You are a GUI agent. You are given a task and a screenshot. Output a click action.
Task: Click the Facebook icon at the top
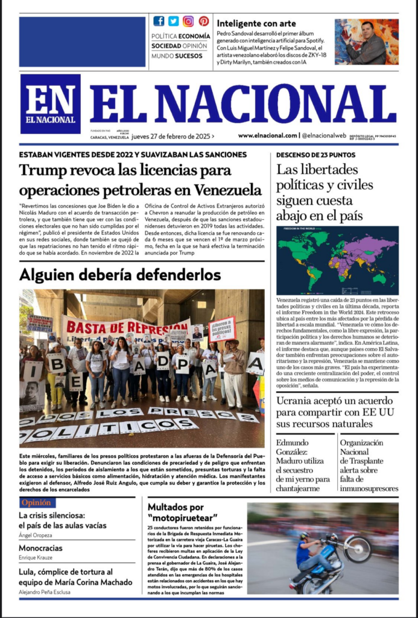click(159, 21)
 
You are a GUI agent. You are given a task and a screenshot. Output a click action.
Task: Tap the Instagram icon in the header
click(189, 21)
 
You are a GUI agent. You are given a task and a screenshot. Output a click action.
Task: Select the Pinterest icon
click(203, 21)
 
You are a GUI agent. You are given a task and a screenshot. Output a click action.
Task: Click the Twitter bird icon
click(174, 21)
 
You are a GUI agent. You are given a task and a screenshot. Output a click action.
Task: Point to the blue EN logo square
click(50, 103)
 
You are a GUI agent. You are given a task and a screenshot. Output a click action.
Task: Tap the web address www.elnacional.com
click(267, 136)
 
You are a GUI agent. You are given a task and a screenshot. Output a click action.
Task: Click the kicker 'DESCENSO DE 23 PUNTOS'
click(316, 154)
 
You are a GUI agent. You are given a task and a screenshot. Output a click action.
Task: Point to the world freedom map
click(337, 260)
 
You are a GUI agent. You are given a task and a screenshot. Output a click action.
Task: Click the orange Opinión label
click(37, 502)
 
